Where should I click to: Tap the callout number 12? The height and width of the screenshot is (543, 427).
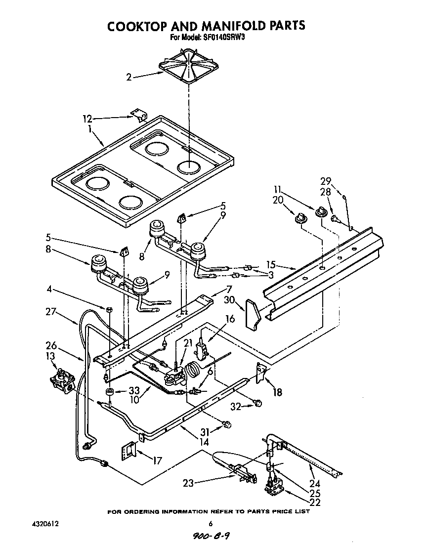coord(87,119)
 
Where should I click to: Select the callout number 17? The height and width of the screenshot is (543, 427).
coord(157,461)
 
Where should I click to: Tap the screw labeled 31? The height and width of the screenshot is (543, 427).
coord(227,424)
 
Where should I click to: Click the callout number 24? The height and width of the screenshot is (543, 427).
coord(314,484)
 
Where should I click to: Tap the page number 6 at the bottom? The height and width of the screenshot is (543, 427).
coord(211,524)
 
